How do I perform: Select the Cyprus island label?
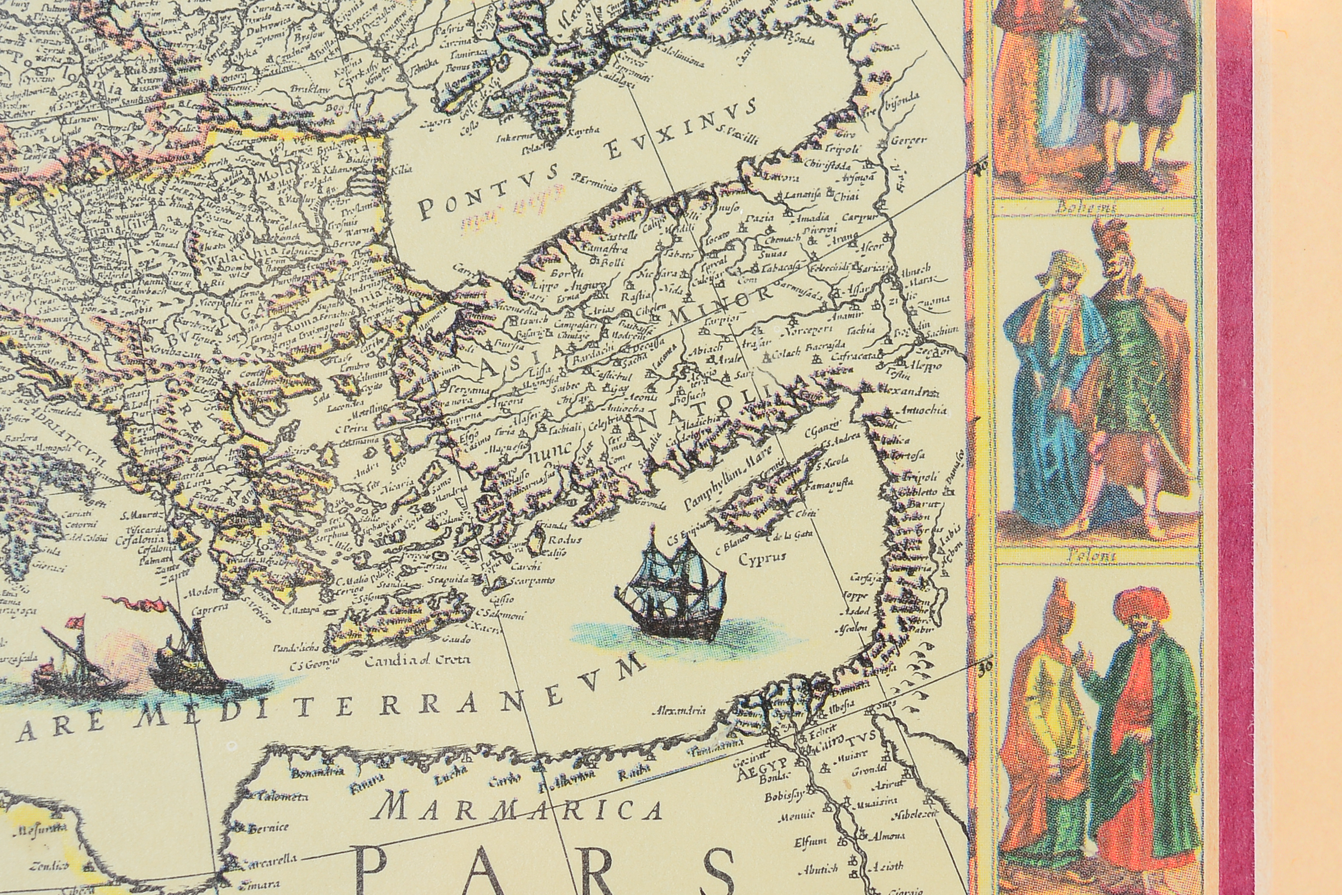pyautogui.click(x=762, y=558)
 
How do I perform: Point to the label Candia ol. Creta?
pyautogui.click(x=418, y=660)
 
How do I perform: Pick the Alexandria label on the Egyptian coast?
pyautogui.click(x=679, y=711)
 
